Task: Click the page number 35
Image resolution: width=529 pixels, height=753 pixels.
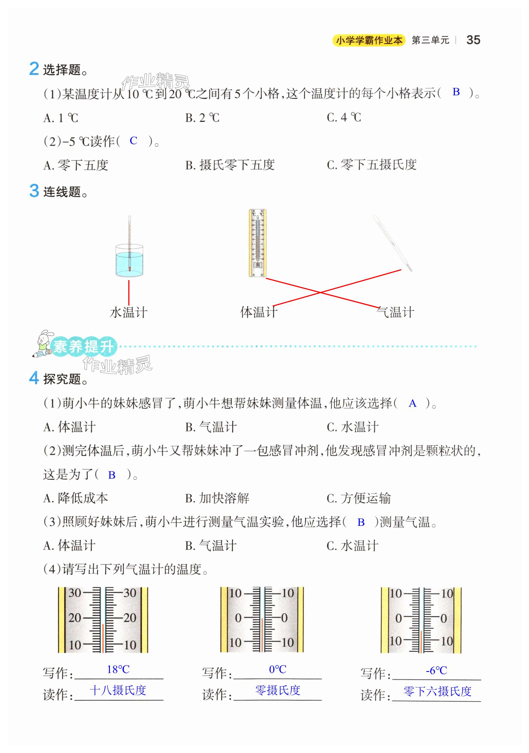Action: click(x=473, y=40)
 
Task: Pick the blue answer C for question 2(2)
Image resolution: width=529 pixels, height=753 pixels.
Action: click(x=133, y=141)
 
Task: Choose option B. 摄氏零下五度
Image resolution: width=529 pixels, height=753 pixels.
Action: click(x=230, y=165)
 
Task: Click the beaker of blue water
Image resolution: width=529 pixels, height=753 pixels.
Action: click(x=129, y=261)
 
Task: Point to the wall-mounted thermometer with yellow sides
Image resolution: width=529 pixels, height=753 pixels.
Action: click(x=257, y=243)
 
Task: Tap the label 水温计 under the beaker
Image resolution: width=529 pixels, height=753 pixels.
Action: click(x=128, y=312)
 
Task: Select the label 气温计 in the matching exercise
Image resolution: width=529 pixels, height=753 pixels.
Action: click(x=395, y=312)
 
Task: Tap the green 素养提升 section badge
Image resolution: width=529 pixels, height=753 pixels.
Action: click(x=84, y=346)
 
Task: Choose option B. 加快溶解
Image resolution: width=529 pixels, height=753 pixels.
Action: click(x=217, y=498)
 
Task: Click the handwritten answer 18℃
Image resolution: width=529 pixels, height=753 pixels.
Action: click(x=118, y=669)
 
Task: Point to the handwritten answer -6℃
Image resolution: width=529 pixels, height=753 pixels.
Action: click(x=436, y=670)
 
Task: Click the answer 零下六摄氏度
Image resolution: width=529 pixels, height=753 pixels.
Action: click(x=437, y=691)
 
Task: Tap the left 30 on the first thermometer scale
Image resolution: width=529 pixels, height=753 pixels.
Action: click(x=75, y=593)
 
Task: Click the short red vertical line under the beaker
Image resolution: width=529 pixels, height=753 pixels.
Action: click(x=129, y=292)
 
